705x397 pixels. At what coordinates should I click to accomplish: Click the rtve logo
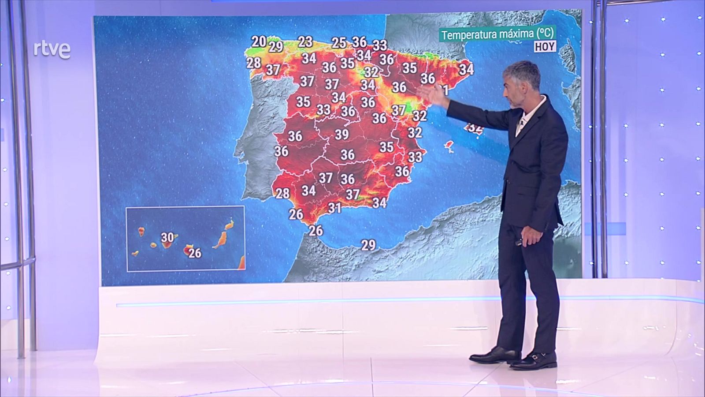[52, 49]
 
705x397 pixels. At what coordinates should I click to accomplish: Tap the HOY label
[545, 46]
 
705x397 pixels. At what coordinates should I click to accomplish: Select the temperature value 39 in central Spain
[341, 134]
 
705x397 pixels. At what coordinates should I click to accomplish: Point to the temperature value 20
[259, 41]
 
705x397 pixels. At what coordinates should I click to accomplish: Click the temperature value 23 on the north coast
[305, 41]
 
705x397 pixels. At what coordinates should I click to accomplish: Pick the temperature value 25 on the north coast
[338, 43]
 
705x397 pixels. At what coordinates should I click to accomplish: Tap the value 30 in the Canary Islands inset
[167, 238]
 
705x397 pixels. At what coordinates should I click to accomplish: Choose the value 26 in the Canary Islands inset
[194, 253]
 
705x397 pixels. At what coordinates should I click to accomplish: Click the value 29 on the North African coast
[368, 245]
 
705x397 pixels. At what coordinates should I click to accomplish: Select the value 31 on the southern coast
[334, 208]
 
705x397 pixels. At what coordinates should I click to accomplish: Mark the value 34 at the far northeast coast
[466, 69]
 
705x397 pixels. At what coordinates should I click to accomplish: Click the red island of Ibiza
[449, 146]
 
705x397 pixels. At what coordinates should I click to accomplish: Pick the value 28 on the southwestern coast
[282, 193]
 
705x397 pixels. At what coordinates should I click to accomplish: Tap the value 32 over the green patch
[371, 71]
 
